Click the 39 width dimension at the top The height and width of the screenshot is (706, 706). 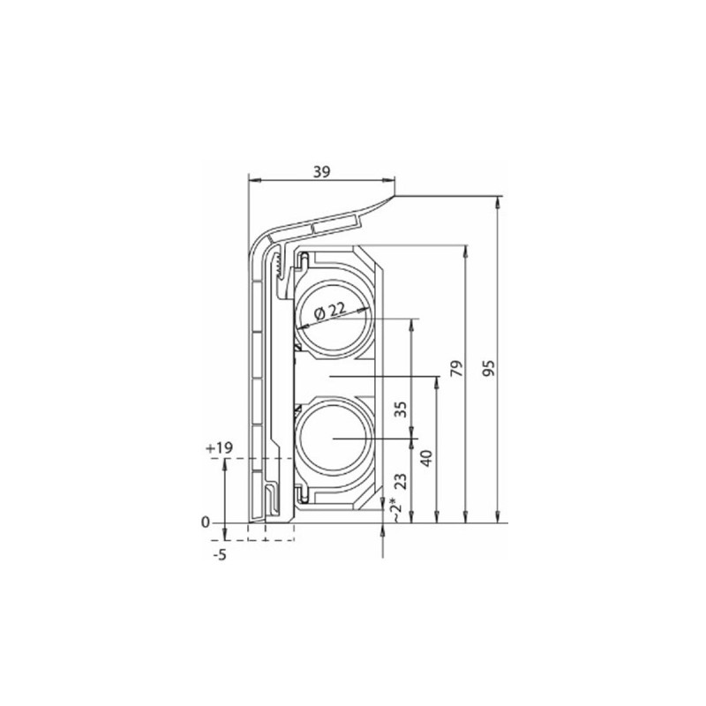(x=321, y=171)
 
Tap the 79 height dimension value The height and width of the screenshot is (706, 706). (x=456, y=368)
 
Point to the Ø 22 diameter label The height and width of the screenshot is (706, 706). (x=331, y=312)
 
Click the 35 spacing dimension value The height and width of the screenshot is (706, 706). (x=401, y=409)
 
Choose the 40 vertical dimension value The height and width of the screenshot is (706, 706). (x=425, y=458)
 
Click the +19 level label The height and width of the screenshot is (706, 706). (x=219, y=448)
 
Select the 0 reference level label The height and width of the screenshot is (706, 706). (x=206, y=522)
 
